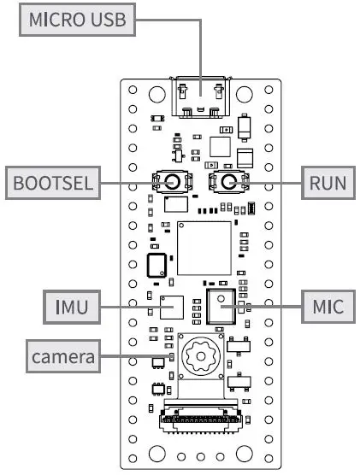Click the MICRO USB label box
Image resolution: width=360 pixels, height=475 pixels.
(x=77, y=20)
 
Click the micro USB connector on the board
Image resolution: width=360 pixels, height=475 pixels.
(x=202, y=97)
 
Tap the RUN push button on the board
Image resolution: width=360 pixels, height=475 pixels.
(x=228, y=181)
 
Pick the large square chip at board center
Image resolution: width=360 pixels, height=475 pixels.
(x=204, y=248)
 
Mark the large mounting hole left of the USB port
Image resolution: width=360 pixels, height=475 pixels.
(x=156, y=91)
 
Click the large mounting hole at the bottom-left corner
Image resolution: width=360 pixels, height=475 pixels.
(x=156, y=453)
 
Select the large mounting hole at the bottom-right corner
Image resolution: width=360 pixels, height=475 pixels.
(x=245, y=453)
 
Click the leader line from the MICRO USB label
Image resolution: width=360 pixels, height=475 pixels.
(x=200, y=51)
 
